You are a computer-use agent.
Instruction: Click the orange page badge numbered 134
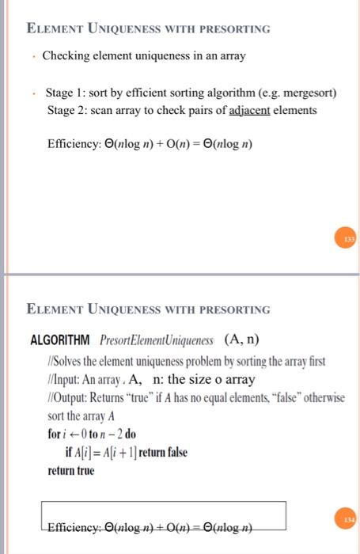pyautogui.click(x=348, y=518)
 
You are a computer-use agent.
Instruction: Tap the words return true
pyautogui.click(x=70, y=470)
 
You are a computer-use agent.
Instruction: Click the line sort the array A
pyautogui.click(x=81, y=415)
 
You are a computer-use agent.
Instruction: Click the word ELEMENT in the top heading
pyautogui.click(x=54, y=29)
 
